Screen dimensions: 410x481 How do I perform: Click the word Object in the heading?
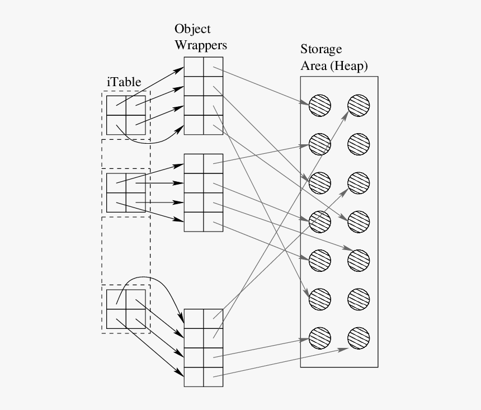coord(192,29)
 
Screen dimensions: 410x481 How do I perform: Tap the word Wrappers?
coord(200,45)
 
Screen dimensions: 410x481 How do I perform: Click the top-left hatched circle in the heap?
coord(319,105)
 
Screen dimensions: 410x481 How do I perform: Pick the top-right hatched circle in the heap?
coord(359,105)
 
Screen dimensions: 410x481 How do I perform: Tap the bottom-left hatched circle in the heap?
coord(319,337)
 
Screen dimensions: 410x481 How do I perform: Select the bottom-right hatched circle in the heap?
coord(359,337)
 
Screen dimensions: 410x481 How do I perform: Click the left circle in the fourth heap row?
coord(319,221)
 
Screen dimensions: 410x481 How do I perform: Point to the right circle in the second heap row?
coord(359,144)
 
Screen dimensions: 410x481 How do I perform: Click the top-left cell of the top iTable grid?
coord(116,105)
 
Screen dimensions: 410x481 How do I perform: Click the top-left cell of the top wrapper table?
coord(194,67)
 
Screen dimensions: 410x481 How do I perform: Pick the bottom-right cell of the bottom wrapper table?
coord(213,377)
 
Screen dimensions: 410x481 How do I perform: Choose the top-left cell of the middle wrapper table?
coord(194,163)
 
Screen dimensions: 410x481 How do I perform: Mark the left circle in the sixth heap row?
coord(319,298)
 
